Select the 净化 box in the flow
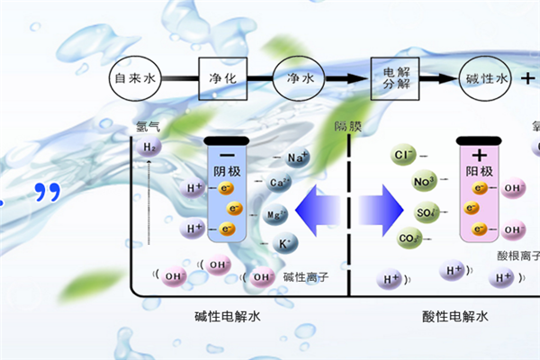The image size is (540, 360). coord(222,80)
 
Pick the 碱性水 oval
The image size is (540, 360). coord(487,80)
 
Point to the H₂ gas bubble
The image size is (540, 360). coord(150,148)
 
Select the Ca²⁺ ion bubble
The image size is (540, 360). coord(280,184)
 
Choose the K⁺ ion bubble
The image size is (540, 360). coord(284,243)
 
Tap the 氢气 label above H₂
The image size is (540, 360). coord(148,125)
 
